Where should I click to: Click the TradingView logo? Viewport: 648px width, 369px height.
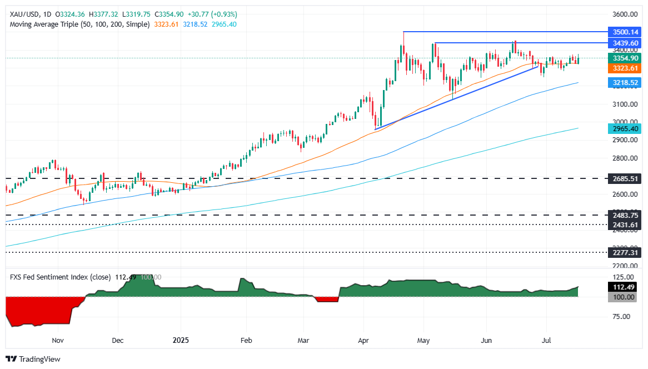33,359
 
